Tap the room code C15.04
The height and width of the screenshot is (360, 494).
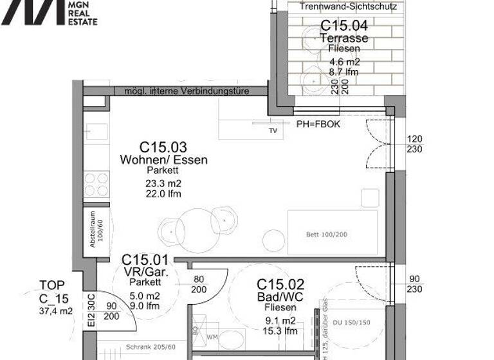(x=344, y=26)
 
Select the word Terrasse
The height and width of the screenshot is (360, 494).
(x=344, y=38)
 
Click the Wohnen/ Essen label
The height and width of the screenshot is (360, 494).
(x=163, y=160)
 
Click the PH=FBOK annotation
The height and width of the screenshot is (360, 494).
(x=318, y=124)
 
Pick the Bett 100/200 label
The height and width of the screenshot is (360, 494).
(x=326, y=235)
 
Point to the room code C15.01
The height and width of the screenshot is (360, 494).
(x=145, y=260)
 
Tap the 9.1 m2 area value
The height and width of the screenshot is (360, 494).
(x=280, y=320)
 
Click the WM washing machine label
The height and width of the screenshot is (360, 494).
(x=212, y=336)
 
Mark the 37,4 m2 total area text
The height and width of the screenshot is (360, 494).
(x=56, y=311)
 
